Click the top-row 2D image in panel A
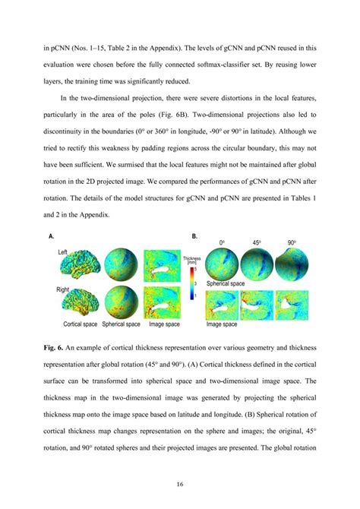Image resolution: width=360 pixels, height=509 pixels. [x=162, y=262]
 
